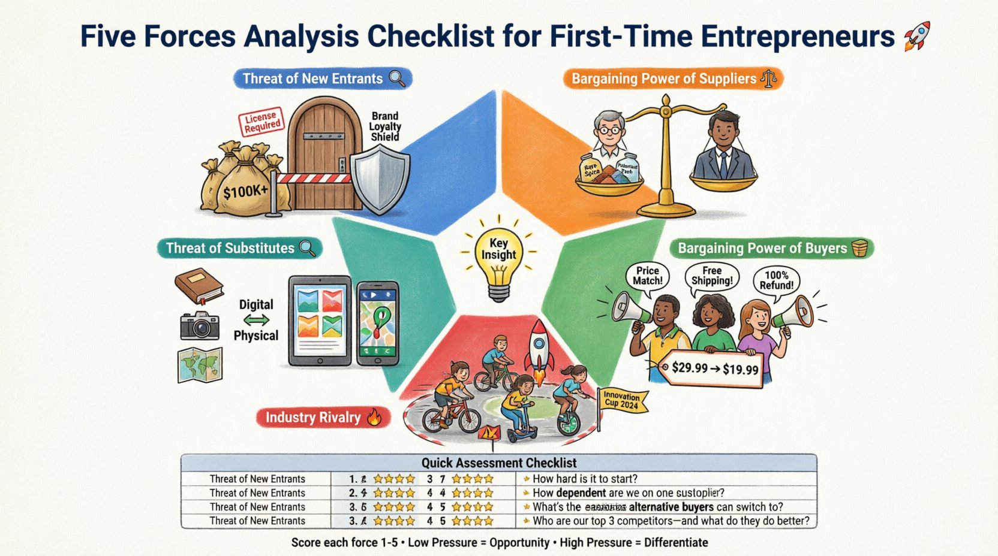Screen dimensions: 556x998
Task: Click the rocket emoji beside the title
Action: [915, 35]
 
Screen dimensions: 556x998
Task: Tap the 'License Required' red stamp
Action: [261, 122]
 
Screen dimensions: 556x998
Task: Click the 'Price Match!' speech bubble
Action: [648, 276]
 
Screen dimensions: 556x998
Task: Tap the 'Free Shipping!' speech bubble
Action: [712, 276]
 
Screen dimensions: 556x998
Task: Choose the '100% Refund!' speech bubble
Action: [777, 280]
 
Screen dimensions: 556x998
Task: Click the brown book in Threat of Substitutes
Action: [199, 286]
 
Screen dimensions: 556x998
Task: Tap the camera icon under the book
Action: [200, 326]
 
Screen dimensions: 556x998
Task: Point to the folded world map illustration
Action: [200, 365]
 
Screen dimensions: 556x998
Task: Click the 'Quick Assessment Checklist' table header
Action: [498, 463]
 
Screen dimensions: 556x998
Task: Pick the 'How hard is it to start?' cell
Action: [584, 479]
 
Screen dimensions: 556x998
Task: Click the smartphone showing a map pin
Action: [378, 324]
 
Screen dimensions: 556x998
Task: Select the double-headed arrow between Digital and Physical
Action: [256, 320]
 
